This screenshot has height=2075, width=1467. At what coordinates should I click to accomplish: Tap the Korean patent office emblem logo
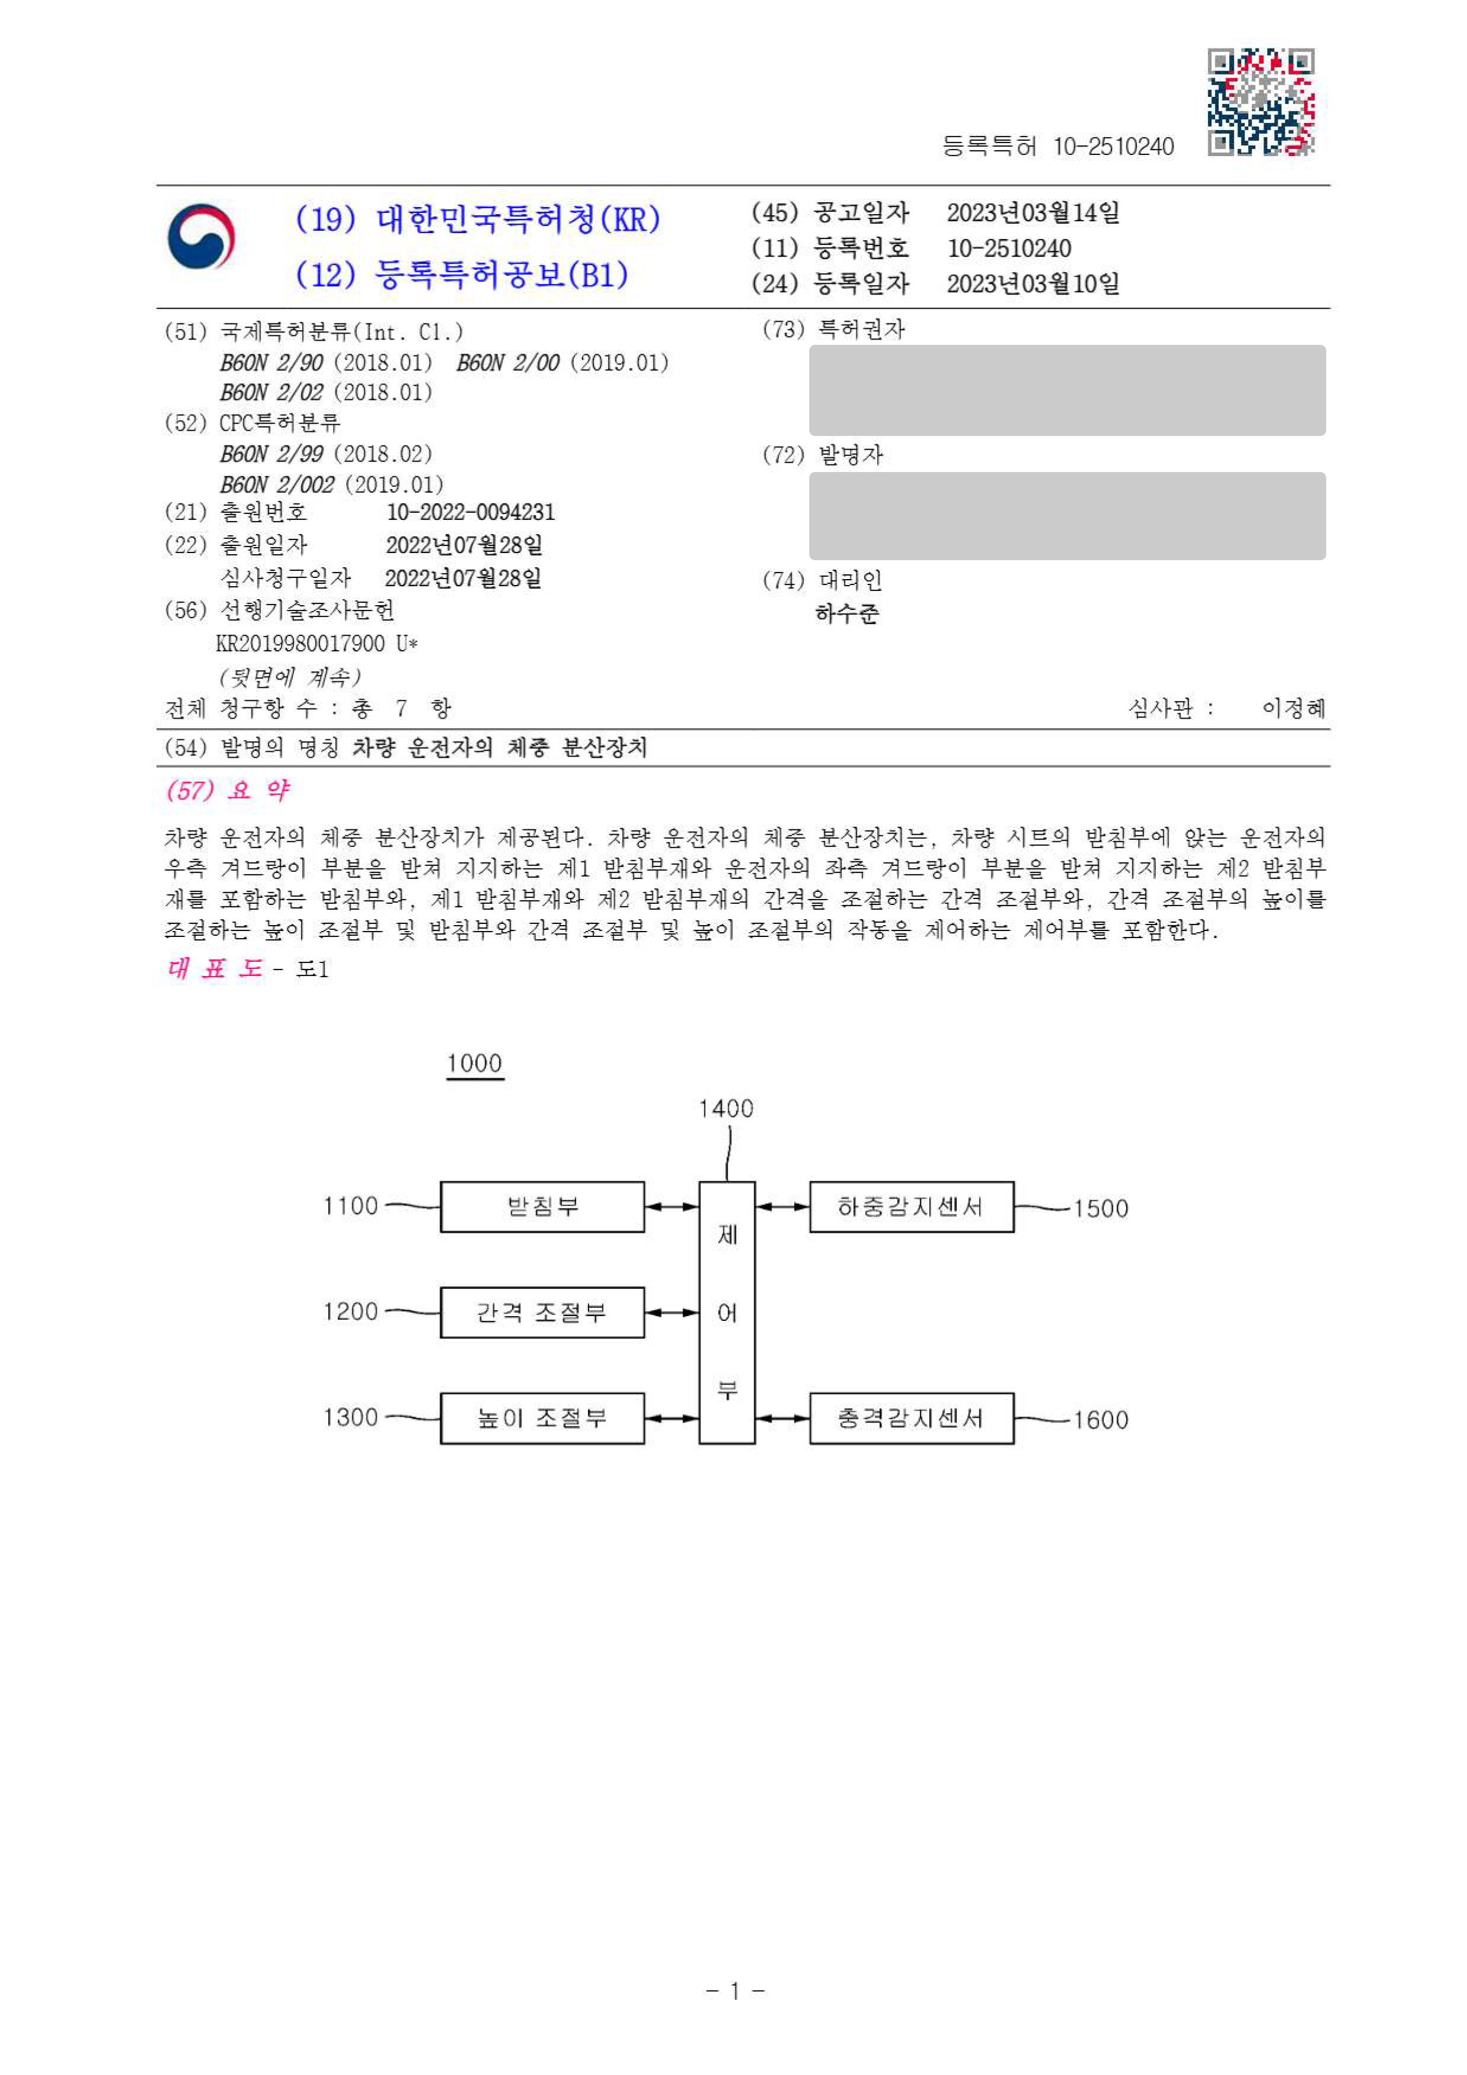[201, 237]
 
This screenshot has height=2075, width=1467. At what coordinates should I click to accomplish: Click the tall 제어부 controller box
[727, 1311]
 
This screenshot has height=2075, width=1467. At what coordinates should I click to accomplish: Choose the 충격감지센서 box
[910, 1417]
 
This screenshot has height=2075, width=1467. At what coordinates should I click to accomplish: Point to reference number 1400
[726, 1108]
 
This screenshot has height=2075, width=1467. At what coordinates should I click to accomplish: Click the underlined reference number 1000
[474, 1064]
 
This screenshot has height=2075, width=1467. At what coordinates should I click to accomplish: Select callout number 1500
[1100, 1208]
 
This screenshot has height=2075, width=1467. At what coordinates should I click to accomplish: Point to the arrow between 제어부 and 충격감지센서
[782, 1418]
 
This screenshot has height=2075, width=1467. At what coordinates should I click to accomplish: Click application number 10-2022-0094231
[470, 512]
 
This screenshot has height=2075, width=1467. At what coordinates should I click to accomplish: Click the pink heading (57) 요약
[228, 791]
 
